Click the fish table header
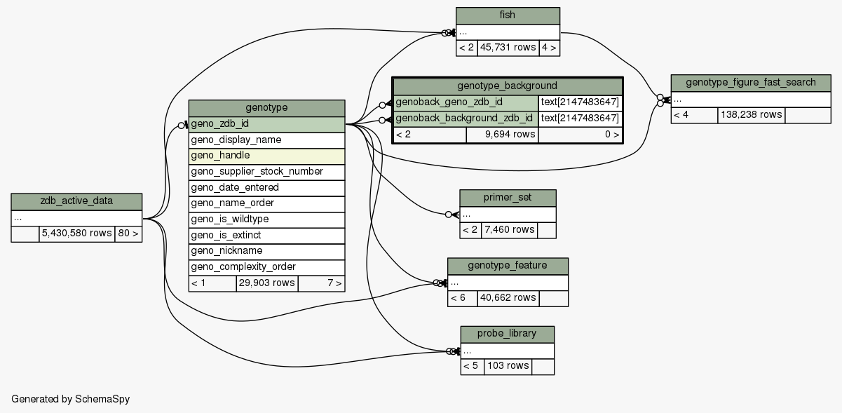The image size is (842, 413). pyautogui.click(x=508, y=15)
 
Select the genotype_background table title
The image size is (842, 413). pyautogui.click(x=507, y=86)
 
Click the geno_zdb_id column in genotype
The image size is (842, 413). pyautogui.click(x=266, y=124)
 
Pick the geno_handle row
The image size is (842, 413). pyautogui.click(x=266, y=156)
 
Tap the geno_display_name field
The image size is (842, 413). pyautogui.click(x=266, y=140)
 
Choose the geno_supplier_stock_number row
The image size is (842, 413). pyautogui.click(x=266, y=172)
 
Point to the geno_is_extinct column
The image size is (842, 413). pyautogui.click(x=266, y=235)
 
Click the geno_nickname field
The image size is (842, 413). pyautogui.click(x=266, y=251)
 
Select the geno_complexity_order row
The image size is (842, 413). pyautogui.click(x=266, y=267)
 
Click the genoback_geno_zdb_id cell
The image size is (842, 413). pyautogui.click(x=466, y=102)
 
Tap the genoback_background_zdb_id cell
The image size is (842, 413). pyautogui.click(x=466, y=119)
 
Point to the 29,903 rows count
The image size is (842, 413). pyautogui.click(x=266, y=283)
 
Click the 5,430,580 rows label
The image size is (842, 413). pyautogui.click(x=76, y=233)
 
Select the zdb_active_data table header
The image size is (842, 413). pyautogui.click(x=76, y=202)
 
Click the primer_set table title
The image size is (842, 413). pyautogui.click(x=508, y=198)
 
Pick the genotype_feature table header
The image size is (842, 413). pyautogui.click(x=508, y=266)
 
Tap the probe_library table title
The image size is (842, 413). pyautogui.click(x=508, y=334)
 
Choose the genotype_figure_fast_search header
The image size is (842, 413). pyautogui.click(x=751, y=83)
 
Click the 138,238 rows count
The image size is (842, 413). pyautogui.click(x=751, y=114)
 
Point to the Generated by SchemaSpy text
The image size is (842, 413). pyautogui.click(x=70, y=399)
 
